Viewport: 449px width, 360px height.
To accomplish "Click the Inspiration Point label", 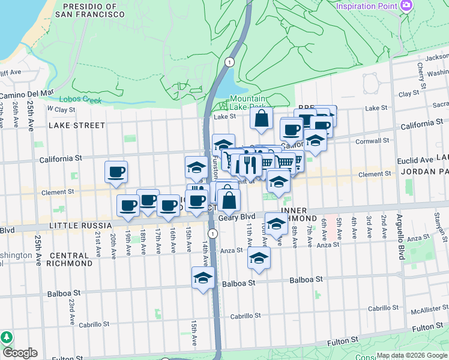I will coord(367,5).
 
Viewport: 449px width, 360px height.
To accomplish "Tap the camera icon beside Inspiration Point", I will coord(407,5).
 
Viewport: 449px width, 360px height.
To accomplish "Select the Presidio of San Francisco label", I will coord(90,10).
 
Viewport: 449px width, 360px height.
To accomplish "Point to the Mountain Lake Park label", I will coord(247,102).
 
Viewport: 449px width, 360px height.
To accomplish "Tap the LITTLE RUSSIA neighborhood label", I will coord(81,225).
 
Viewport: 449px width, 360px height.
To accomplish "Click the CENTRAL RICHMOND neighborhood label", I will coord(63,259).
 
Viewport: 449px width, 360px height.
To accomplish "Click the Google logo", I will coord(19,353).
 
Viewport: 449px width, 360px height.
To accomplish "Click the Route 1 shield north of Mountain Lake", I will coord(229,62).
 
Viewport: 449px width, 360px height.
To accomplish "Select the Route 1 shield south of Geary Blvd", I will coord(212,233).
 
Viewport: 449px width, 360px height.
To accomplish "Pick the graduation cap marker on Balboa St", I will coord(203,278).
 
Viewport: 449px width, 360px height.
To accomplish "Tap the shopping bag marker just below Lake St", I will coord(262,118).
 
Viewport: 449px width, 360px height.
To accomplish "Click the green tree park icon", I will coord(7,337).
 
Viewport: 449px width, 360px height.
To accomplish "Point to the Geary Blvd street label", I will coord(237,217).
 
